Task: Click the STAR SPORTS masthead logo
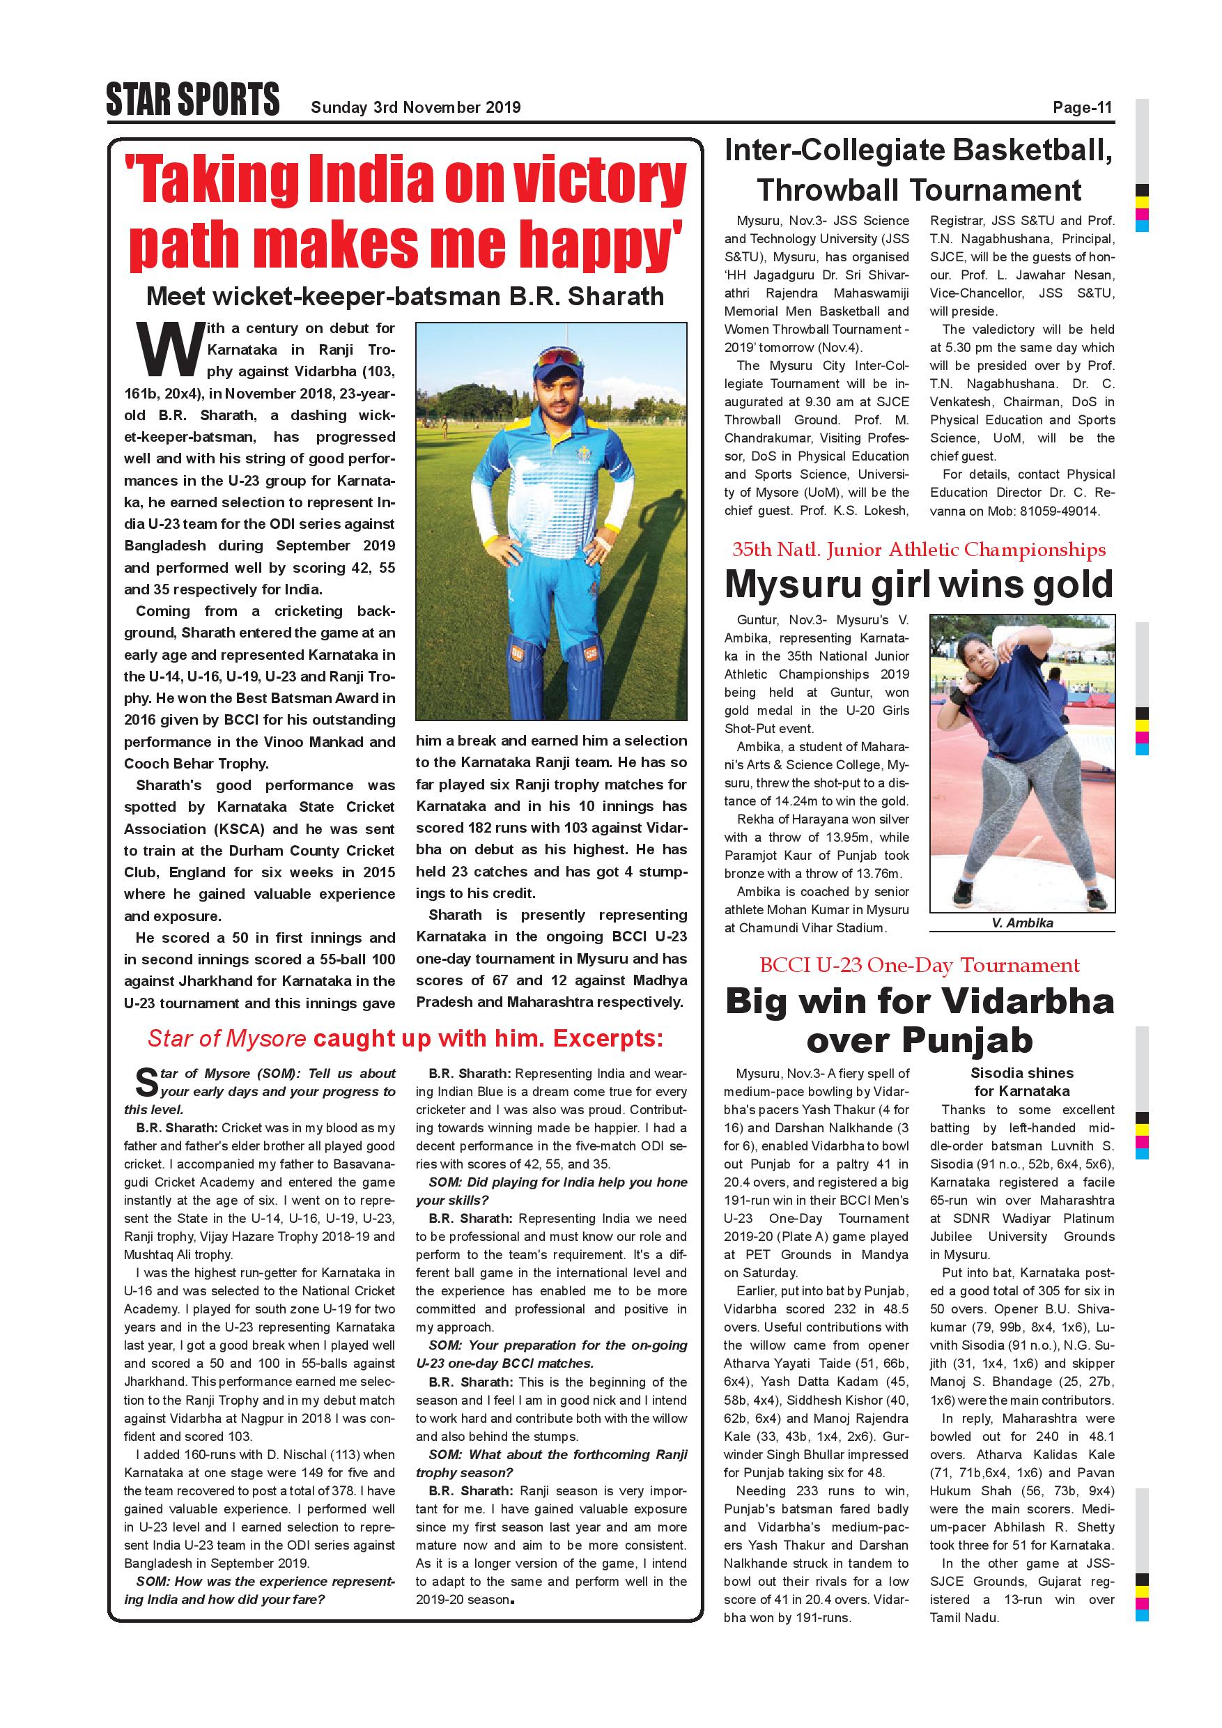[192, 100]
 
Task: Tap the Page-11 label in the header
[1082, 107]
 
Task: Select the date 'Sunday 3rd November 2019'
[415, 107]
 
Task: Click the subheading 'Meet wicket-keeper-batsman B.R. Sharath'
[405, 297]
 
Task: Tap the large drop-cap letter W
[170, 350]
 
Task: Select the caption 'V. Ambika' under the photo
[1022, 923]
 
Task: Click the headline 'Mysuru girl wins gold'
[919, 584]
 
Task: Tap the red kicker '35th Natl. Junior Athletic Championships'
[919, 550]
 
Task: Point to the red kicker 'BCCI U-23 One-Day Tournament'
[919, 966]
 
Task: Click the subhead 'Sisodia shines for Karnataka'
[1021, 1081]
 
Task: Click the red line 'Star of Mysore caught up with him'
[405, 1039]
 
